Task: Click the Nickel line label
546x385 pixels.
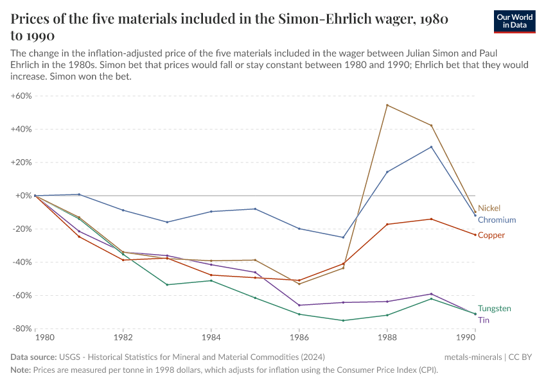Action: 489,209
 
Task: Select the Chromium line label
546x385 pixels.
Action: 497,220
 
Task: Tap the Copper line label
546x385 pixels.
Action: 491,235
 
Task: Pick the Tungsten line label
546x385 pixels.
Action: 495,309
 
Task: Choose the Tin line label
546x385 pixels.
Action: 484,320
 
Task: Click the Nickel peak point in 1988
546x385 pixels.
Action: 387,105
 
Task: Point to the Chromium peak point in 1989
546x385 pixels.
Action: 431,147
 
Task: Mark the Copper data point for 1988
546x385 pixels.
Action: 387,224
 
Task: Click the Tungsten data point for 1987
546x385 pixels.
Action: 343,321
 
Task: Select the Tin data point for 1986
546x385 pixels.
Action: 299,305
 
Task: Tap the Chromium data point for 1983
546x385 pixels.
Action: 167,222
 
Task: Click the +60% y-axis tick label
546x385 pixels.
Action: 21,96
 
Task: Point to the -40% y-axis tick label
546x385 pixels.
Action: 21,262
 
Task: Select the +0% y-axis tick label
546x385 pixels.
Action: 23,196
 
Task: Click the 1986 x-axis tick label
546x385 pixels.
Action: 299,337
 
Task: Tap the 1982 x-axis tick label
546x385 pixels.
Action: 123,337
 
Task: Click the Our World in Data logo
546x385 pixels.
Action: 515,21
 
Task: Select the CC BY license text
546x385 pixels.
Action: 521,357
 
